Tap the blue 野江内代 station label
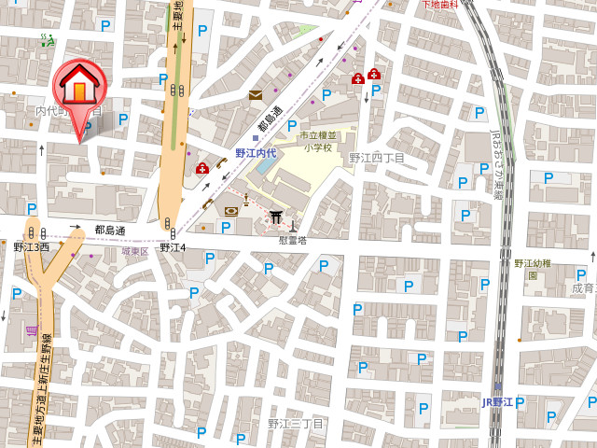pos(255,153)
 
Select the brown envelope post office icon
pos(255,95)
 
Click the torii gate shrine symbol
pos(276,217)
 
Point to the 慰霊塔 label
pos(292,240)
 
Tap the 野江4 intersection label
pos(173,247)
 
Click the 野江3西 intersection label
pos(31,247)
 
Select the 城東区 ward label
pos(134,252)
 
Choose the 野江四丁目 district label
pos(377,159)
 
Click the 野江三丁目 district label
pos(295,424)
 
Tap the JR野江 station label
pos(497,402)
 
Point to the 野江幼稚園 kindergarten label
pos(533,269)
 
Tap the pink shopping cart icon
pos(32,330)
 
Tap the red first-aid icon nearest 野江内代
pos(202,168)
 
